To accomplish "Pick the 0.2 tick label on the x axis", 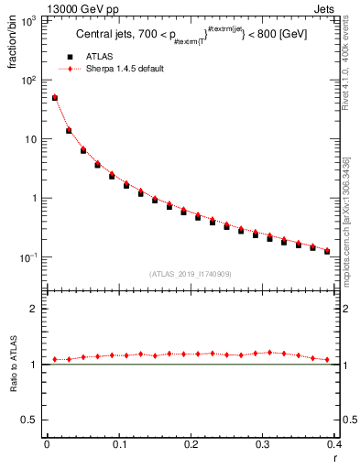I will click(191, 444).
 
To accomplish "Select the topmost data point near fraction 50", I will click(55, 97).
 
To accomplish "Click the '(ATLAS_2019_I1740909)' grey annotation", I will click(190, 274).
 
